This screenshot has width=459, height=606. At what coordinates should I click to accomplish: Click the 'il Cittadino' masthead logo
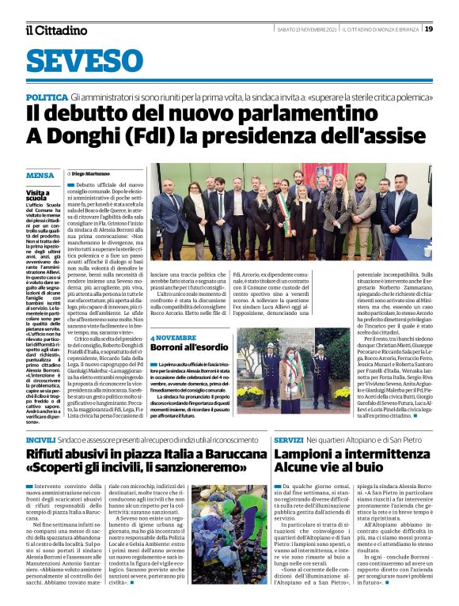point(56,30)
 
